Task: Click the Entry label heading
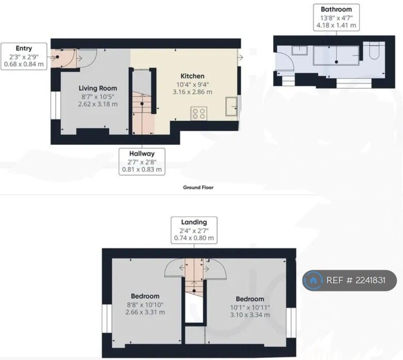click(x=24, y=48)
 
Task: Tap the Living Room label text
click(x=98, y=88)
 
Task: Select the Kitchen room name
click(x=193, y=76)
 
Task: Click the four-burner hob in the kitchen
click(x=199, y=113)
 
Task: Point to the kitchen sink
click(x=231, y=106)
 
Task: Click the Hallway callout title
click(x=142, y=154)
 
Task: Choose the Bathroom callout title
click(x=336, y=9)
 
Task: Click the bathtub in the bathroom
click(x=336, y=56)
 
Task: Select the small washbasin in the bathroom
click(x=300, y=51)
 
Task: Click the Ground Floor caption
click(x=198, y=187)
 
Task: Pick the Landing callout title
click(x=194, y=222)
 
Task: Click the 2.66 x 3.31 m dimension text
click(x=145, y=312)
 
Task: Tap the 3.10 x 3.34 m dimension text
click(x=250, y=315)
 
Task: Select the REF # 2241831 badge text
click(x=356, y=280)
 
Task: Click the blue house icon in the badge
click(x=313, y=280)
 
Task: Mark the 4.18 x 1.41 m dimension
click(x=336, y=25)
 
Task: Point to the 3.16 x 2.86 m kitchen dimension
click(x=193, y=92)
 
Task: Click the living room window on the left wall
click(x=56, y=105)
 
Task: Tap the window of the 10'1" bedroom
click(x=291, y=323)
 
